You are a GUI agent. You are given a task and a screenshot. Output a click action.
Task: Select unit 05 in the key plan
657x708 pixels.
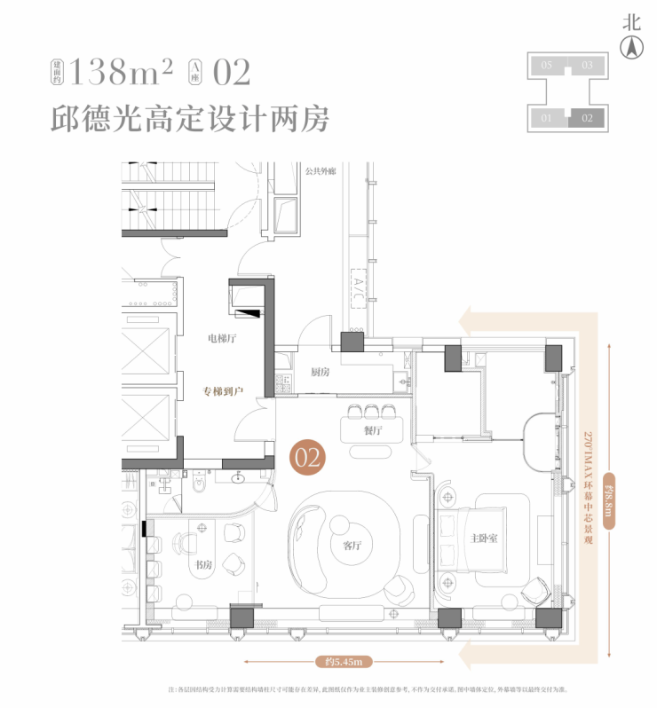(x=547, y=66)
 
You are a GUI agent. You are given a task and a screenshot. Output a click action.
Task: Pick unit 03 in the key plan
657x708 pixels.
(x=587, y=66)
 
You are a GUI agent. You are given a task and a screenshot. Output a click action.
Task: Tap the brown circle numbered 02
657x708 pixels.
(x=308, y=458)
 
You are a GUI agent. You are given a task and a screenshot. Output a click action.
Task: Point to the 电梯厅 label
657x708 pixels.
(x=222, y=338)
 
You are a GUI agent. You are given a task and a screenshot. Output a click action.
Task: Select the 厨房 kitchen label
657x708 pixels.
(x=320, y=372)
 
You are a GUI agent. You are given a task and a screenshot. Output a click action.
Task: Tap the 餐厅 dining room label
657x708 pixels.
(x=372, y=430)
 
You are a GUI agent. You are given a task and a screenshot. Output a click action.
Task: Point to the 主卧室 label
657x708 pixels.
(x=483, y=539)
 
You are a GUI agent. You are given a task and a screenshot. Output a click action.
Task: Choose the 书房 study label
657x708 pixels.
(x=204, y=564)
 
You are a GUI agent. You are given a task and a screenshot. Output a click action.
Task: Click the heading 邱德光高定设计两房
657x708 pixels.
(x=190, y=118)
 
